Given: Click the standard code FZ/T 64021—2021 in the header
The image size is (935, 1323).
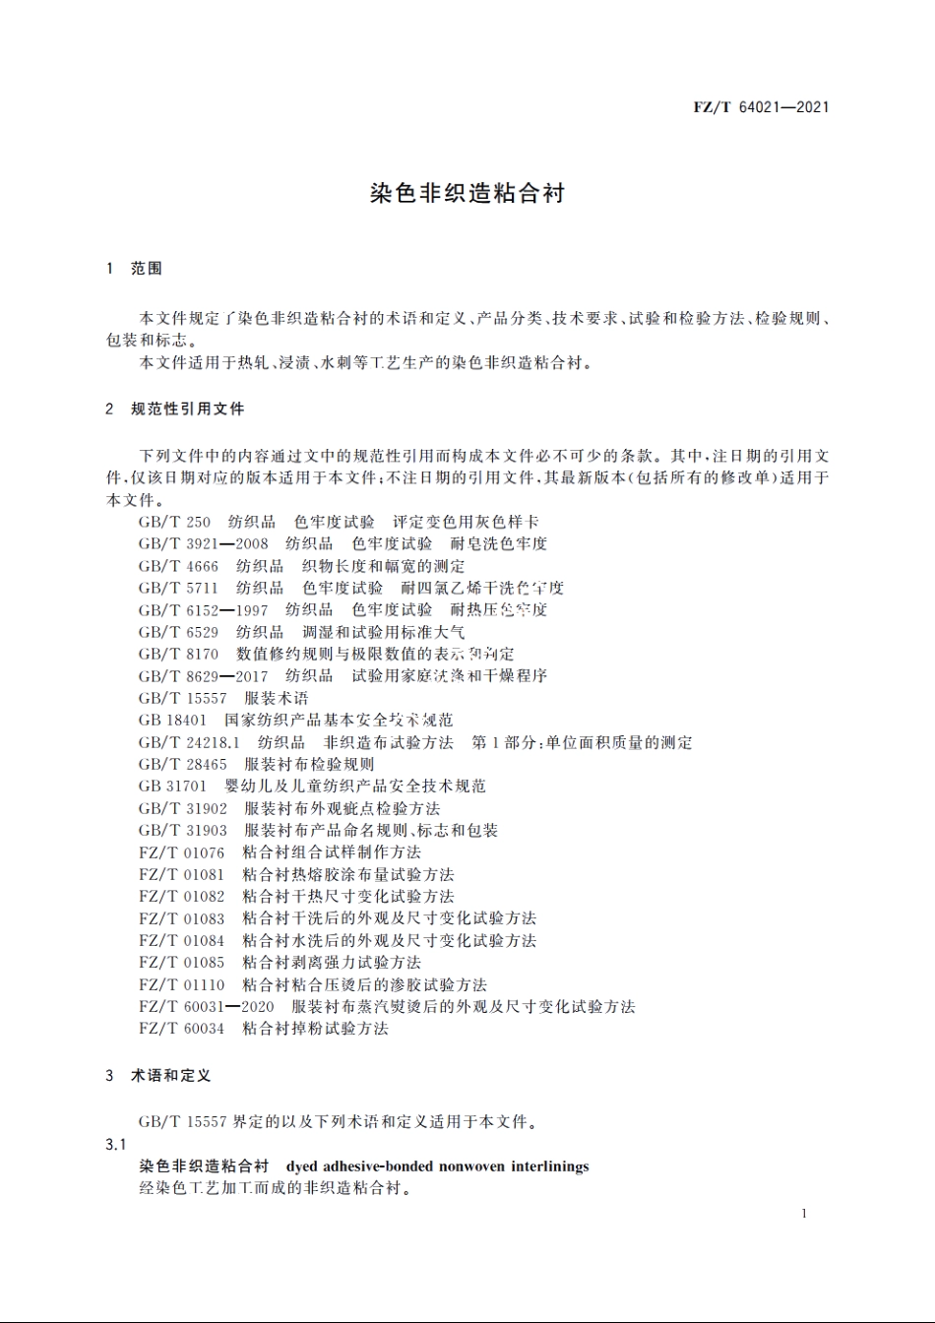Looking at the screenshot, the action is click(x=761, y=107).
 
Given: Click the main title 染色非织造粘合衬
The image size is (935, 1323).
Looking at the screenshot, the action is click(x=467, y=193).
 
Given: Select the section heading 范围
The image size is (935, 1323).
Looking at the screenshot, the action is click(x=147, y=269).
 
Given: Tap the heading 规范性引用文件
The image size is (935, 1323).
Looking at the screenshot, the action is click(x=187, y=409).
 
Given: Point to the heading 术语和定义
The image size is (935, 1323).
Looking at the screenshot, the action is click(x=170, y=1076).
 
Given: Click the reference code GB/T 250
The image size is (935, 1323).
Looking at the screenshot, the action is click(x=174, y=522).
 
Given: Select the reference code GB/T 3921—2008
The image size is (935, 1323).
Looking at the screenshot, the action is click(x=203, y=543).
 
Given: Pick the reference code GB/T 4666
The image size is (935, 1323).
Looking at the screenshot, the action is click(x=178, y=566).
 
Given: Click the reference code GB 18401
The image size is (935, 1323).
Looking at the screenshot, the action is click(x=172, y=720).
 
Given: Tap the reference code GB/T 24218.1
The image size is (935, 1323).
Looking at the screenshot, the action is click(x=189, y=742).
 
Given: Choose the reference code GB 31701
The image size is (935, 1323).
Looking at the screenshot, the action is click(x=172, y=786).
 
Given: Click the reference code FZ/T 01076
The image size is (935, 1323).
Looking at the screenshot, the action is click(x=181, y=852).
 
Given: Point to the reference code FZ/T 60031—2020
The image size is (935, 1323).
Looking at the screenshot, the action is click(x=206, y=1006).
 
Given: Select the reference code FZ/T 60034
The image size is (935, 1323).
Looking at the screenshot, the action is click(x=181, y=1029).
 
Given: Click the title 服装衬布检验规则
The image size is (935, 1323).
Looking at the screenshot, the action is click(x=309, y=764).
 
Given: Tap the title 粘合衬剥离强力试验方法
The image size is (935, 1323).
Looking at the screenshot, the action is click(x=331, y=963).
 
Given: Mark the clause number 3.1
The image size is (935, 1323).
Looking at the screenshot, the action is click(x=116, y=1145).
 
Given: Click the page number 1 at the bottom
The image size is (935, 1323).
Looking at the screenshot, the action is click(x=804, y=1214).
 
